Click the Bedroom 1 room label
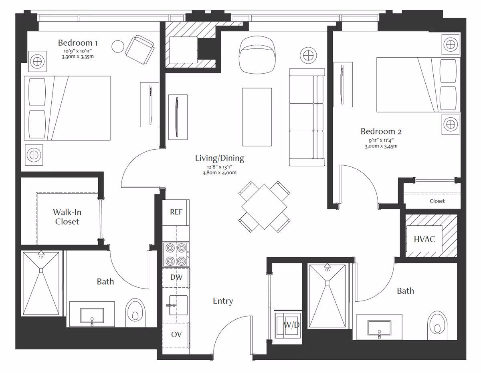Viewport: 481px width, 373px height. point(78,43)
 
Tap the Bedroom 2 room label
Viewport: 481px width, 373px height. point(381,131)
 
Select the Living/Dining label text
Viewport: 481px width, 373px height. point(220,158)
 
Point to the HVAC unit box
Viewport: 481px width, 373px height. point(424,239)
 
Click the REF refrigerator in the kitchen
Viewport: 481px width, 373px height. point(176,213)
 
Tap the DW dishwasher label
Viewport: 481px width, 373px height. point(176,277)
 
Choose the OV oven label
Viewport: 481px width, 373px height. point(176,334)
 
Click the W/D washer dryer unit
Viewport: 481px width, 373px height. point(287,325)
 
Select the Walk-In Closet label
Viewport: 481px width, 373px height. point(67,217)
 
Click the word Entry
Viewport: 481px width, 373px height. point(223,301)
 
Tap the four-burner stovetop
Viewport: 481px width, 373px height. point(176,255)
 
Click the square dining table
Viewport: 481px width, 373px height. point(264,207)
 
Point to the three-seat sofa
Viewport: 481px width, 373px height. point(307,117)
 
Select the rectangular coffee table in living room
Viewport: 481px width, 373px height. point(257,117)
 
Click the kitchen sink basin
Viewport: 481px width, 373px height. point(178,305)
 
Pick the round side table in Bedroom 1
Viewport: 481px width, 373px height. point(118,46)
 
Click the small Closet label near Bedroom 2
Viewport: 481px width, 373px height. point(437,201)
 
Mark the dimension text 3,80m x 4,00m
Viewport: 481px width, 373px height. point(220,172)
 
